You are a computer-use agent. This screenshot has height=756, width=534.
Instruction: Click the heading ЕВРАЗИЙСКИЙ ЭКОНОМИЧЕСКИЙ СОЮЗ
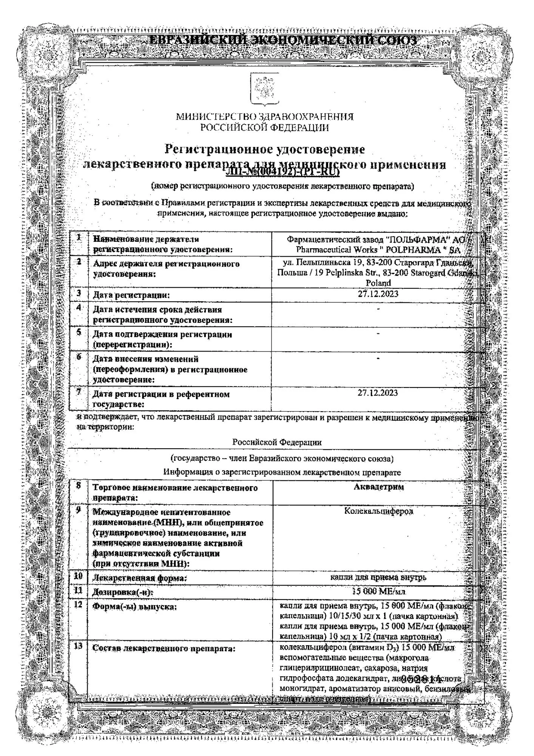(283, 40)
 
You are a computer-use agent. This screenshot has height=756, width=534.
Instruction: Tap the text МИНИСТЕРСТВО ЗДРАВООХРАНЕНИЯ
(265, 117)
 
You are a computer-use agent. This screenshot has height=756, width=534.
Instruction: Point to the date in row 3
(378, 294)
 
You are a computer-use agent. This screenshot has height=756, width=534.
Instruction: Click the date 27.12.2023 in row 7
(378, 393)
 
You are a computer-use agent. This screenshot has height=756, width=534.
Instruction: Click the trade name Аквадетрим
(378, 487)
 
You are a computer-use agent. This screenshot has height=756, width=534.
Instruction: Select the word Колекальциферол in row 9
(379, 511)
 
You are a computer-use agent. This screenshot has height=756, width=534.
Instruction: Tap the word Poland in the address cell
(378, 283)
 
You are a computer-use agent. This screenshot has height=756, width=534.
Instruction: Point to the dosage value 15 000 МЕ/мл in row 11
(379, 592)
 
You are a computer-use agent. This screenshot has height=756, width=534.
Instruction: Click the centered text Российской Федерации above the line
(277, 442)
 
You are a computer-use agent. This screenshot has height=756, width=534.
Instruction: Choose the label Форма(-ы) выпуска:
(135, 607)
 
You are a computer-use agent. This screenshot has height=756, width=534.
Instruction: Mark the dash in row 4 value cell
(378, 309)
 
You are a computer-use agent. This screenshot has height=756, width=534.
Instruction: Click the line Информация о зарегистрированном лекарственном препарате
(282, 472)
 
